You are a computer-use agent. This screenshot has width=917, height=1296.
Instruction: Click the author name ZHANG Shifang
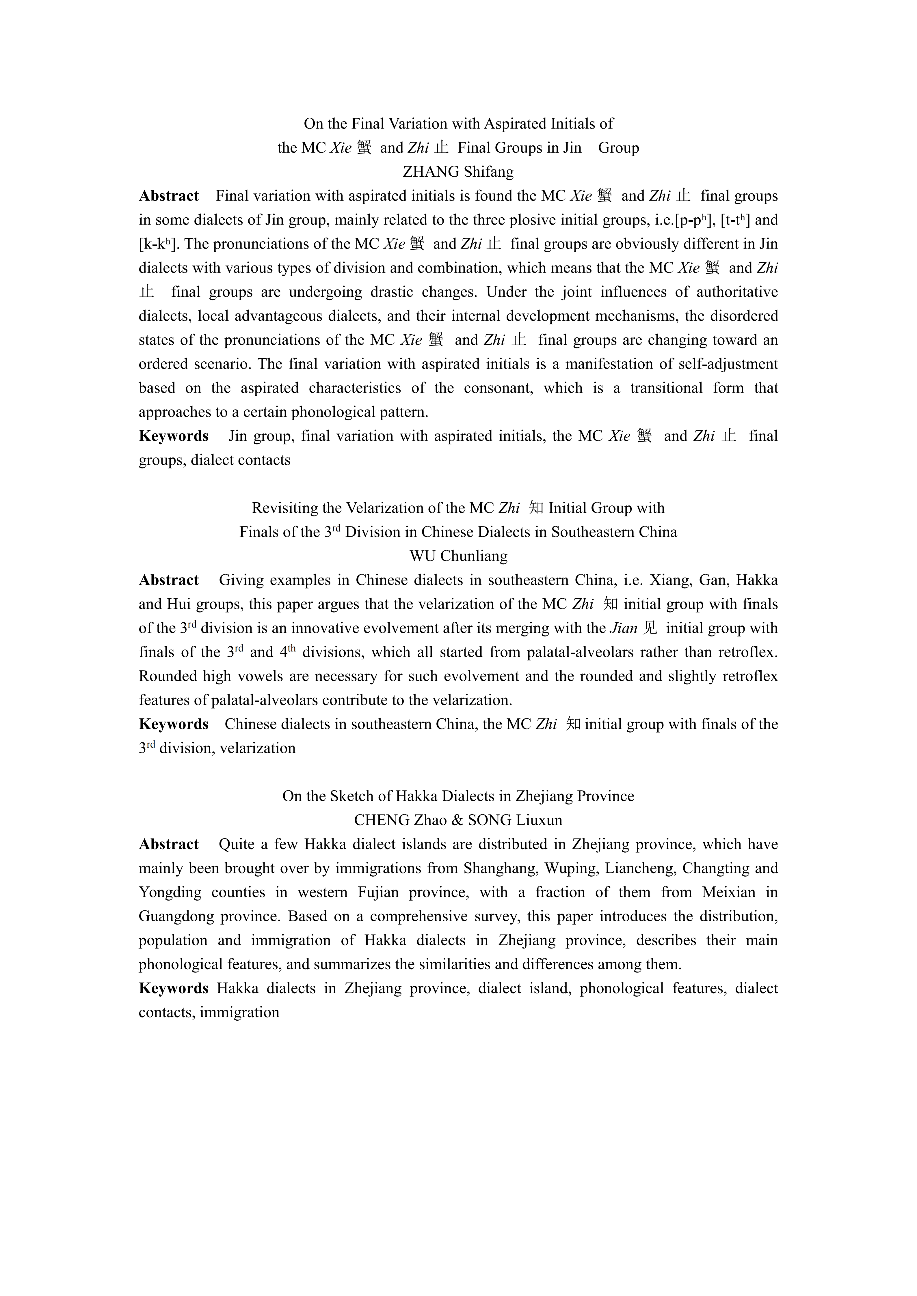[x=458, y=171]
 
